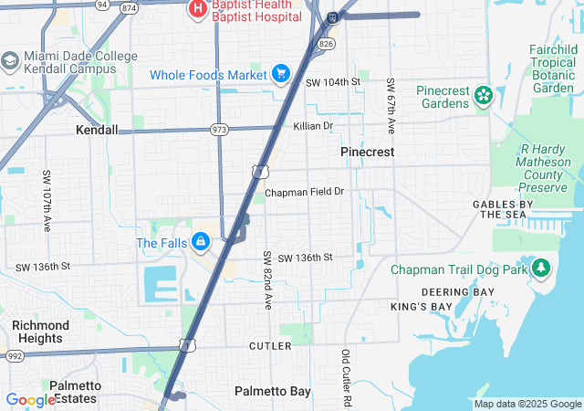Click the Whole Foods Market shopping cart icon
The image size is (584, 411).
(281, 74)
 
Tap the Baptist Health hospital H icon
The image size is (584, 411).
(196, 9)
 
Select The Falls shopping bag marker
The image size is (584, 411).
(201, 243)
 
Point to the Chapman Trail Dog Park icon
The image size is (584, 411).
(542, 269)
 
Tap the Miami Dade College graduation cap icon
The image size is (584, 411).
(11, 61)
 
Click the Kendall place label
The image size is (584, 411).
(97, 130)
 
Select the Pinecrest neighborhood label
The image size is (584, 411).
(368, 152)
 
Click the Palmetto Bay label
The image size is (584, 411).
(273, 391)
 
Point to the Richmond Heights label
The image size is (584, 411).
(40, 332)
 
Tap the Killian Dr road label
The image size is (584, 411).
(313, 125)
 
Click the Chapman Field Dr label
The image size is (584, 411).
(305, 193)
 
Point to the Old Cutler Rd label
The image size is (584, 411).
(346, 377)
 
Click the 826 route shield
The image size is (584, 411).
(328, 43)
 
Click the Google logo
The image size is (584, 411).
(30, 400)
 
